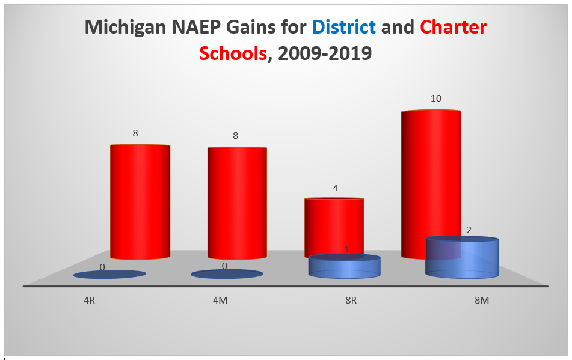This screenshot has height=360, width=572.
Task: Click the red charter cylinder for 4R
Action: click(x=140, y=201)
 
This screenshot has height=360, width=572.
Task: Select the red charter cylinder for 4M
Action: click(x=236, y=203)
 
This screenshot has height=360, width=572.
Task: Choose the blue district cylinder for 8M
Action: click(x=462, y=257)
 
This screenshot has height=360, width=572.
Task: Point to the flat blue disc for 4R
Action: click(x=109, y=275)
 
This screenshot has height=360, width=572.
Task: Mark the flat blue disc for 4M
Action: click(x=227, y=274)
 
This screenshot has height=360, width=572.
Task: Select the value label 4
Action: click(x=336, y=188)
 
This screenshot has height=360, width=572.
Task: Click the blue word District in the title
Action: click(x=343, y=27)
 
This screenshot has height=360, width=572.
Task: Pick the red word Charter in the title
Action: click(x=453, y=27)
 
